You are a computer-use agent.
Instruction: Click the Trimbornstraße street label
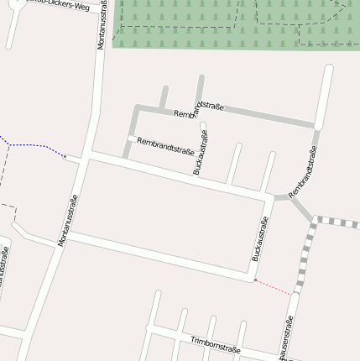pyautogui.click(x=216, y=344)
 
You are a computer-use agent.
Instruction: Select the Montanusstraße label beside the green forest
pyautogui.click(x=102, y=25)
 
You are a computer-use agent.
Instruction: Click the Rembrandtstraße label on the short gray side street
pyautogui.click(x=165, y=147)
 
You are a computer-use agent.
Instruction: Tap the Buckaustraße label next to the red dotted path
pyautogui.click(x=260, y=238)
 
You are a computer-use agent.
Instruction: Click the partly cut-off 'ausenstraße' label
pyautogui.click(x=287, y=338)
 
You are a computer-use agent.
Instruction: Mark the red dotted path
pyautogui.click(x=274, y=286)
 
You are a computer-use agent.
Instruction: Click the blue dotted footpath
pyautogui.click(x=34, y=146)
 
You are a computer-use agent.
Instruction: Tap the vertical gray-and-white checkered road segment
pyautogui.click(x=305, y=256)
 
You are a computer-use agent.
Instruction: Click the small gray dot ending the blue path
pyautogui.click(x=65, y=156)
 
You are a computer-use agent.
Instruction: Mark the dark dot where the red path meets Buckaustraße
pyautogui.click(x=253, y=280)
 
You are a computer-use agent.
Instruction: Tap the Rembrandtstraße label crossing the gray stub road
pyautogui.click(x=198, y=108)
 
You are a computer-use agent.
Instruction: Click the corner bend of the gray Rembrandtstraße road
pyautogui.click(x=136, y=107)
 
